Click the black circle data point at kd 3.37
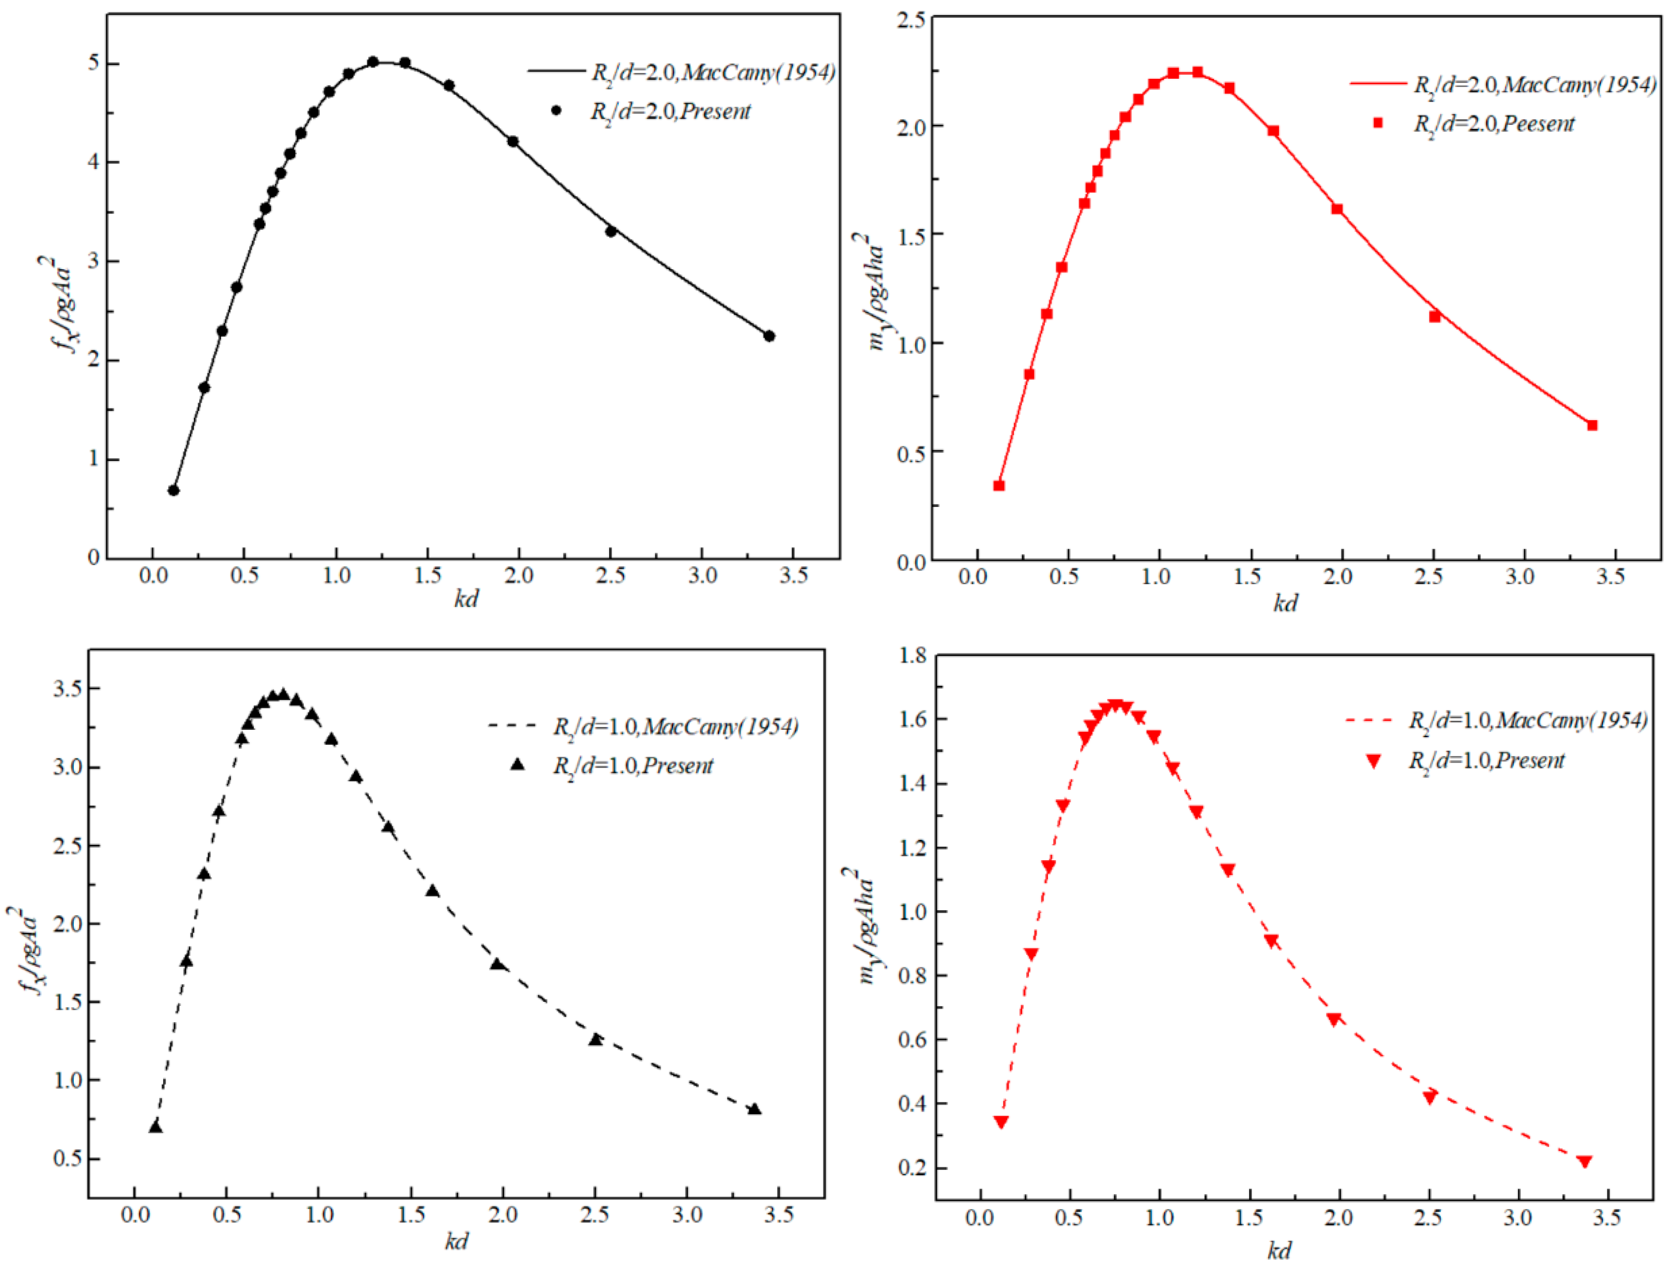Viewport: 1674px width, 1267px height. (769, 336)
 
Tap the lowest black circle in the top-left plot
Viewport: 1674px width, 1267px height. (173, 490)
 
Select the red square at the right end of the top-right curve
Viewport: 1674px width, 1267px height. (1592, 425)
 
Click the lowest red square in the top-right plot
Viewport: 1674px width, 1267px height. (999, 486)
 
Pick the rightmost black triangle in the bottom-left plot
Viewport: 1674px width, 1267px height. (754, 1109)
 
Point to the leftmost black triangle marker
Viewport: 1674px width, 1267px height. (156, 1126)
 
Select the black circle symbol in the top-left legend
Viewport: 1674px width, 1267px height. (556, 110)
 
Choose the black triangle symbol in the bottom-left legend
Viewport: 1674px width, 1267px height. (518, 764)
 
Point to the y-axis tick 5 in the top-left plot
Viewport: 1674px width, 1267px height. (94, 63)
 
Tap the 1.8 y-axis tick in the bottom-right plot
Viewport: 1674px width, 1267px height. (912, 655)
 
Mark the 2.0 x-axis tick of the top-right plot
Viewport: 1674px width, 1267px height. (1337, 576)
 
